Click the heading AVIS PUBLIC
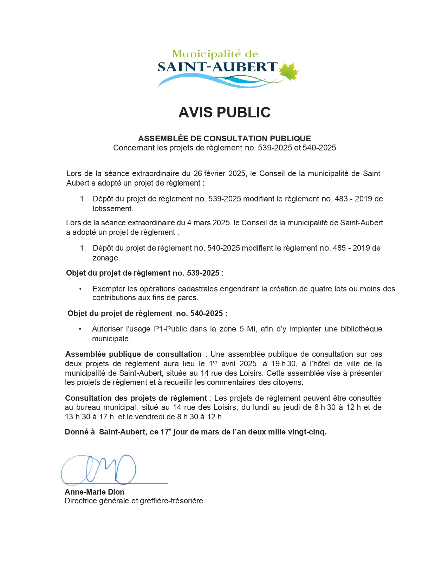[x=224, y=112]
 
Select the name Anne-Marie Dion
[x=94, y=492]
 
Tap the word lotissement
[x=112, y=209]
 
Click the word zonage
[x=106, y=258]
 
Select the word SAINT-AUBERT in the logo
[x=217, y=67]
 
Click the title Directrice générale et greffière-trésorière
[x=134, y=501]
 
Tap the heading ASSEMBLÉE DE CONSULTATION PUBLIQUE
[x=224, y=138]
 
